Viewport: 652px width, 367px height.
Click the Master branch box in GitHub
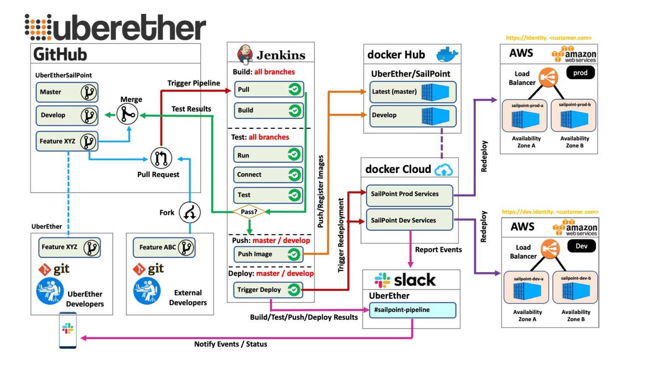tap(67, 92)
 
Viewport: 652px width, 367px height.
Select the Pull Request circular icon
tap(161, 158)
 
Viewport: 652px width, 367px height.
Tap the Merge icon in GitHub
tap(127, 114)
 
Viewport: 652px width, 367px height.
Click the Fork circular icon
tap(189, 212)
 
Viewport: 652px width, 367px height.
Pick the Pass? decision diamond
tap(249, 212)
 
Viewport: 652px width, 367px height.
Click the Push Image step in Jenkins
tap(268, 254)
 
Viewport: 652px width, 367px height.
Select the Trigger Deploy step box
tap(268, 290)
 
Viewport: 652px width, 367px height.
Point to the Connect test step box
tap(268, 175)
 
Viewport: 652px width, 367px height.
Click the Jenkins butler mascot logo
tap(245, 54)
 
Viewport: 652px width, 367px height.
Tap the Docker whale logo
tap(447, 54)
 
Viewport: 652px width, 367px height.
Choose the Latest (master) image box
tap(413, 92)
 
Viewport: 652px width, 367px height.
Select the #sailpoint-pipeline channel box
tap(413, 310)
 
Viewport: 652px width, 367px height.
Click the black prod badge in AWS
tap(580, 73)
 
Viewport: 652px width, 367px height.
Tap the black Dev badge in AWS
tap(582, 246)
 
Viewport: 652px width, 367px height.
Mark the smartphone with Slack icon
tap(68, 330)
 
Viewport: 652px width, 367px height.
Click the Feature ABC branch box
tap(164, 247)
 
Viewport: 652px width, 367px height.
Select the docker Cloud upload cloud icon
tap(444, 170)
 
